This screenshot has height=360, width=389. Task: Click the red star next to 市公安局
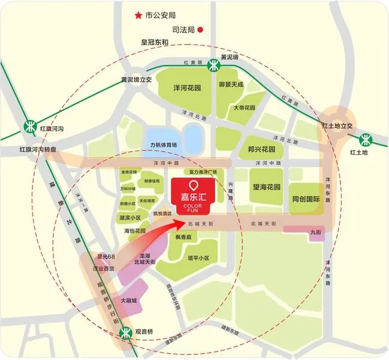pos(138,14)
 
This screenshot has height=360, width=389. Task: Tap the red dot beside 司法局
pos(201,28)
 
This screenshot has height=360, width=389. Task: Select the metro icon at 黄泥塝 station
pos(213,65)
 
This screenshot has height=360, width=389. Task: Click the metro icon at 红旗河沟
pos(29,126)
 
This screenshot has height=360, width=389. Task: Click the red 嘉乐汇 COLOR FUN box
pos(193,196)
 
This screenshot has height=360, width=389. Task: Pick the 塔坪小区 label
pos(197,259)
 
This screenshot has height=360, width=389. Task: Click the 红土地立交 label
pos(338,125)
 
